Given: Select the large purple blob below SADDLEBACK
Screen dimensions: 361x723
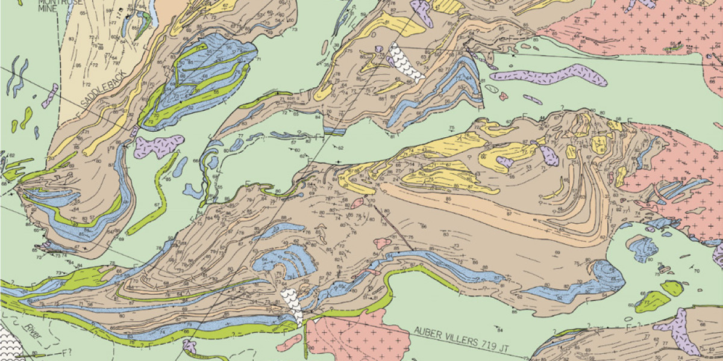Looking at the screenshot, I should [x=158, y=146].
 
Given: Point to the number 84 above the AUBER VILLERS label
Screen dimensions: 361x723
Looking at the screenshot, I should [x=499, y=329].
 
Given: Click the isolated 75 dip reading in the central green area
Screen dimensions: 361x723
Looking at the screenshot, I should [x=451, y=128].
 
